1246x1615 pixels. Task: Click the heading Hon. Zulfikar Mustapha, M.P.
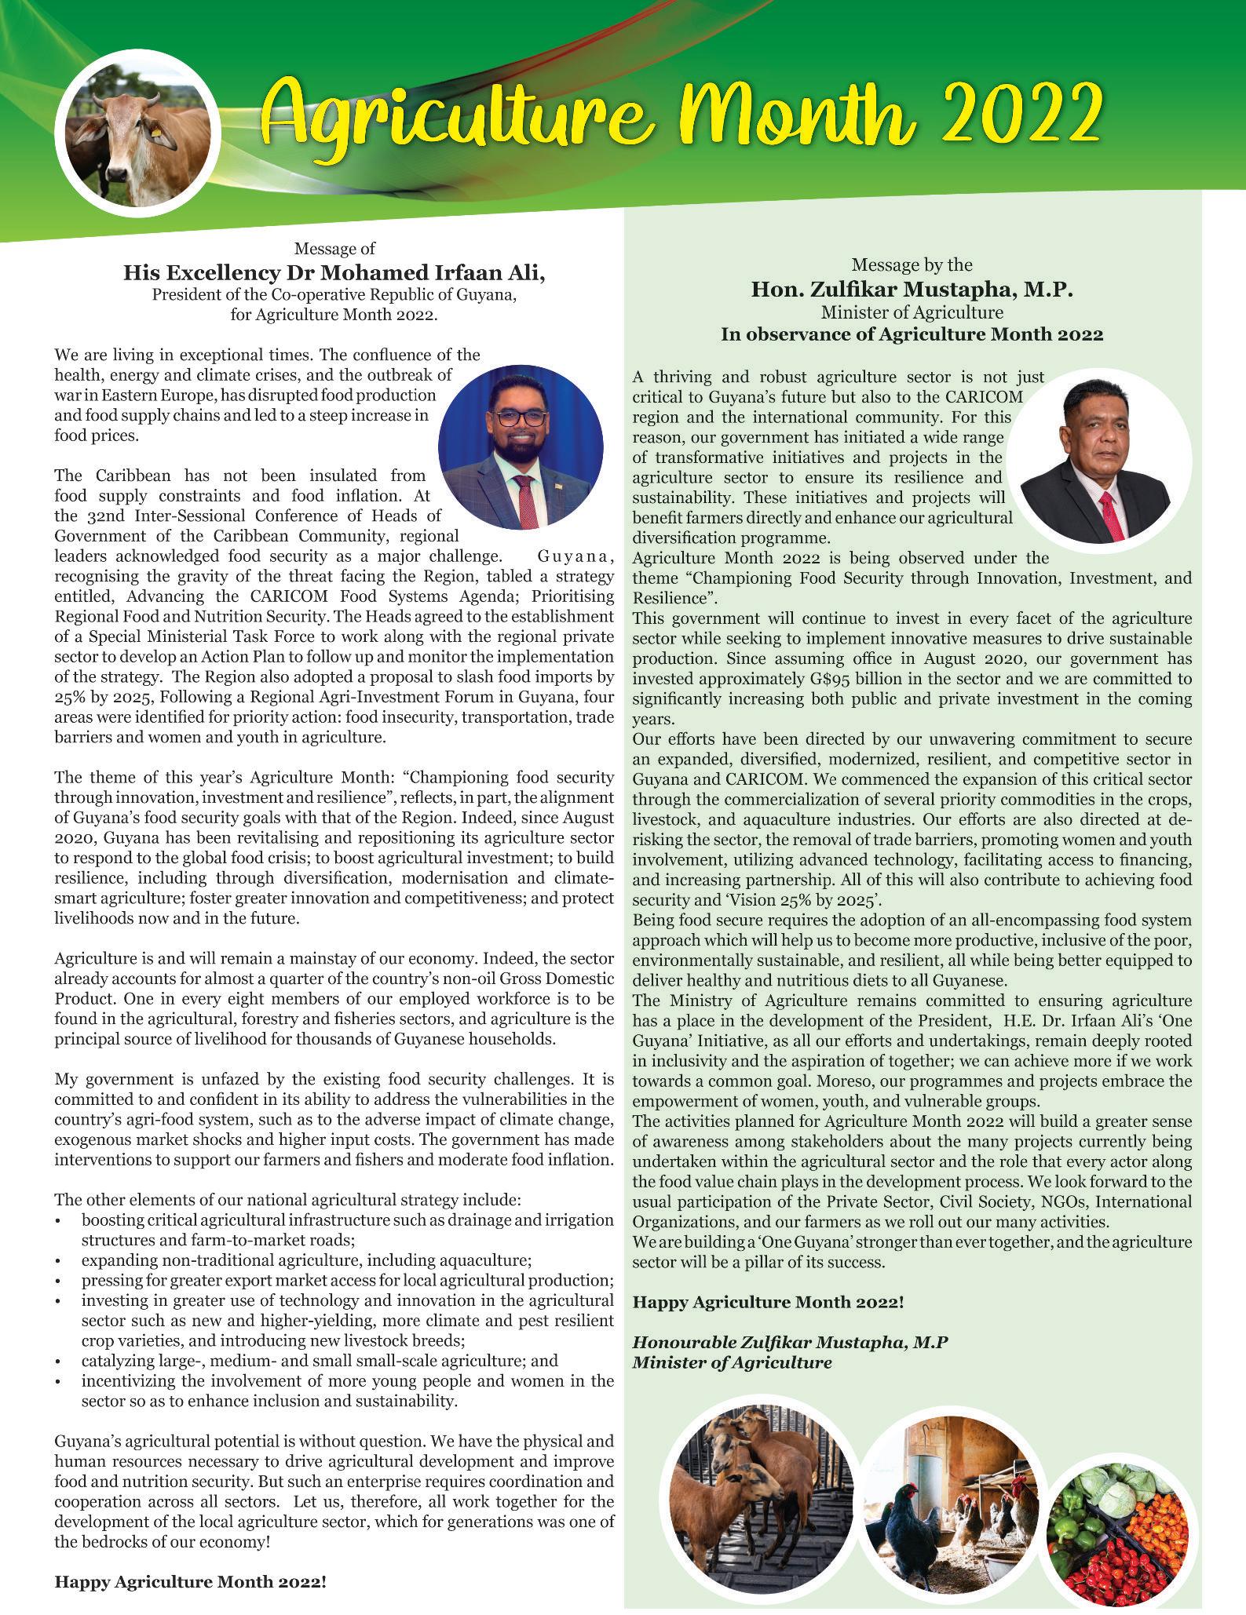pyautogui.click(x=912, y=290)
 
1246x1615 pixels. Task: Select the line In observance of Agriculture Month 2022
pyautogui.click(x=912, y=334)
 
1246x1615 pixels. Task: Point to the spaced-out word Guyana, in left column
pyautogui.click(x=575, y=557)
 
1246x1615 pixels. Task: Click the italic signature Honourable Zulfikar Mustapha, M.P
pyautogui.click(x=790, y=1342)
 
